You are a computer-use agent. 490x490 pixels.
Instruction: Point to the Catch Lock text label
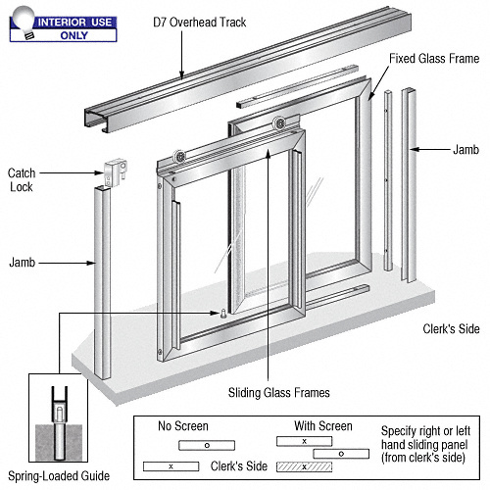coord(23,179)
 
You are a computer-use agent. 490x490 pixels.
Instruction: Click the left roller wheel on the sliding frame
coord(180,158)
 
